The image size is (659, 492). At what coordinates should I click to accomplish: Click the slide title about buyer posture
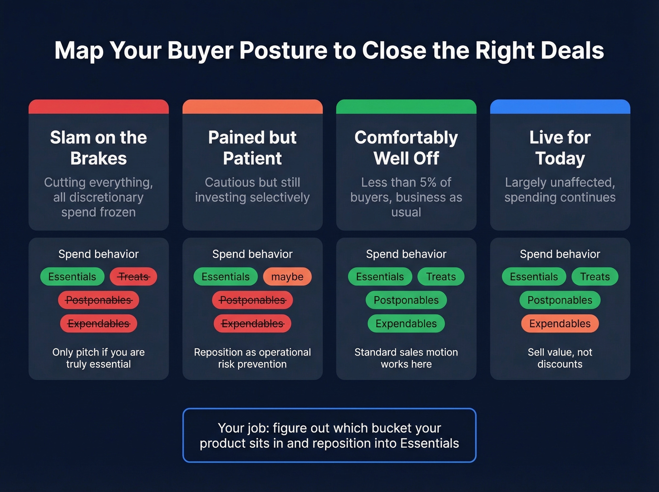329,50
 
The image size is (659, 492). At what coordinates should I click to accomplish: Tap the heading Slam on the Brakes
98,147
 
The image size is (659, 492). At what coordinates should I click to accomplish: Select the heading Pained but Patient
252,147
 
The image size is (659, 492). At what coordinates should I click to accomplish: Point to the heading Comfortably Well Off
406,147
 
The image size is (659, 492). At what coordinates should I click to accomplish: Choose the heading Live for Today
560,147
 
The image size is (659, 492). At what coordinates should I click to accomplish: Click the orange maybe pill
287,277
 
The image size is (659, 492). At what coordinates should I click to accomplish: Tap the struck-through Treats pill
133,277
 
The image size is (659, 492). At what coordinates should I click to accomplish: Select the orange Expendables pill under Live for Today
560,323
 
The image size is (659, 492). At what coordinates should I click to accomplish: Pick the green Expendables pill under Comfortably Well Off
406,323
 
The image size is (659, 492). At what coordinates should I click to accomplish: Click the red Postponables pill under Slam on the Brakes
98,300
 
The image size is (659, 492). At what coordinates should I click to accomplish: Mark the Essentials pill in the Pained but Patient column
225,277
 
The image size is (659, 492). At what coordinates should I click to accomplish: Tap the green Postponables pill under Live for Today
560,300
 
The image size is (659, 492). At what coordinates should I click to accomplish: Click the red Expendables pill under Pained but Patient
252,323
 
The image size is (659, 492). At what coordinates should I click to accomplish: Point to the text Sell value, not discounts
560,358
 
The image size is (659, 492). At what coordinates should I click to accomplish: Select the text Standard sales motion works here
406,358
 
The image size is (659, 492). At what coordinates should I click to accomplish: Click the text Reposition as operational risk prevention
252,358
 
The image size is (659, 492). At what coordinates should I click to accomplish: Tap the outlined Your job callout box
329,435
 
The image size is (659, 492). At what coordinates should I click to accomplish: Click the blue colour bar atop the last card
560,106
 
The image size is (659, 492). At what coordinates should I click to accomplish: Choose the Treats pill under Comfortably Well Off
441,277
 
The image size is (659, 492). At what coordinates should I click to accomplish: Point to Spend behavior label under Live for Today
560,254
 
